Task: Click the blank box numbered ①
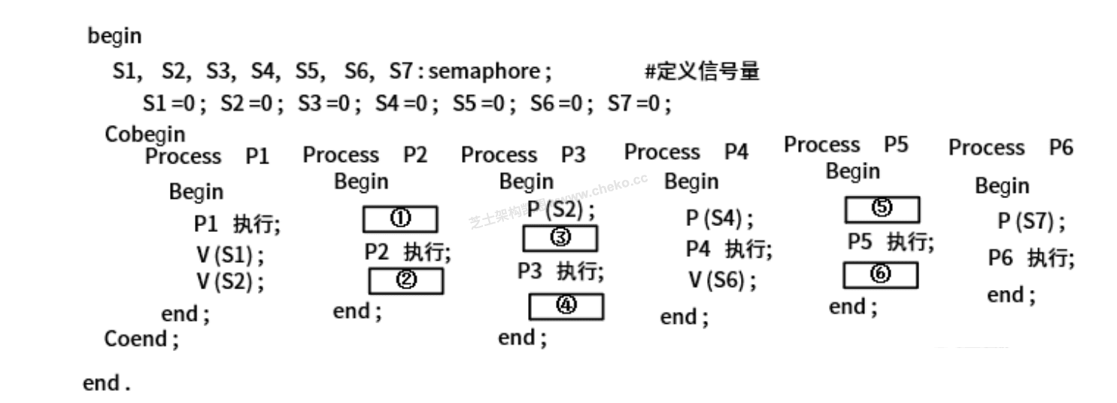pos(400,219)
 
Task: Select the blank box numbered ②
pos(405,281)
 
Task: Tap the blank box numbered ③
pos(560,238)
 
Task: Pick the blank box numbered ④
pos(566,307)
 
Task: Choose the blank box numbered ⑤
pos(882,209)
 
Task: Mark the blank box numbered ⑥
pos(880,275)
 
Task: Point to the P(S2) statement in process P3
pos(560,209)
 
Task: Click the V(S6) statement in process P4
pos(722,280)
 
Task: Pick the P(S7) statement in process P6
pos(1030,222)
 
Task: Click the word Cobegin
pos(144,134)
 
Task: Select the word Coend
pos(141,339)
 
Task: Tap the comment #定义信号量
pos(702,72)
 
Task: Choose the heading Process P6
pos(1010,148)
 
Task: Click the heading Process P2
pos(365,155)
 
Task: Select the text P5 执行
pos(891,242)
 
